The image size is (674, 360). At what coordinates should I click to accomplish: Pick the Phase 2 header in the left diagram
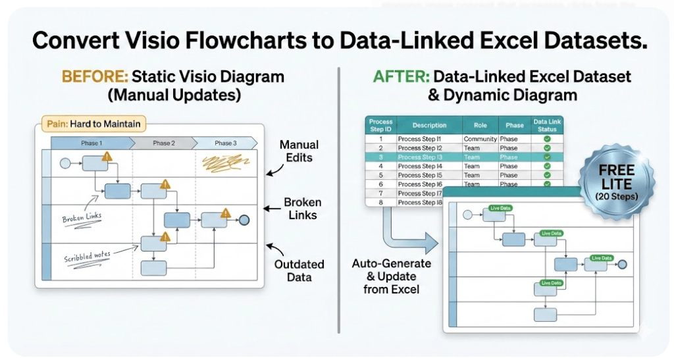163,143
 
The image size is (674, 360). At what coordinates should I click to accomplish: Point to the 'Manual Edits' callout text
299,151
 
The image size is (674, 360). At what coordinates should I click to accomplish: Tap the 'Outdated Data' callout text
299,270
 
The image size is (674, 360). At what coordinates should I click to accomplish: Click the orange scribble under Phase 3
223,163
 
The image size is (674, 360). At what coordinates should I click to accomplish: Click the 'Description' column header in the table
429,125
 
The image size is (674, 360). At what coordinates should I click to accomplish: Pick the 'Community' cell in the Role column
480,140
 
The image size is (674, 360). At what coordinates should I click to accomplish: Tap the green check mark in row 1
547,140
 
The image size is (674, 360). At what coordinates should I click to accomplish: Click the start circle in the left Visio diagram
65,162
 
